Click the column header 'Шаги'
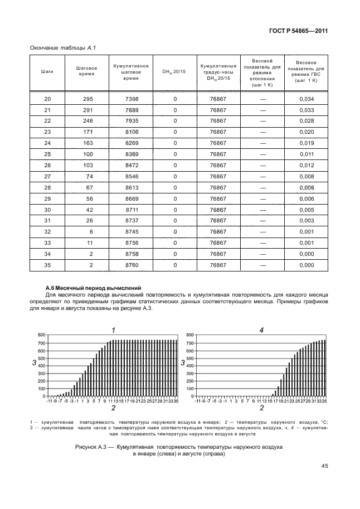47,72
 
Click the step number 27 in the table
47,176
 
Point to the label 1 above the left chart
113,329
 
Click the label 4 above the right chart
261,329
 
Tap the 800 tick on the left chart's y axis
41,335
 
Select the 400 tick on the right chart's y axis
189,365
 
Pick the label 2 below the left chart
113,409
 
